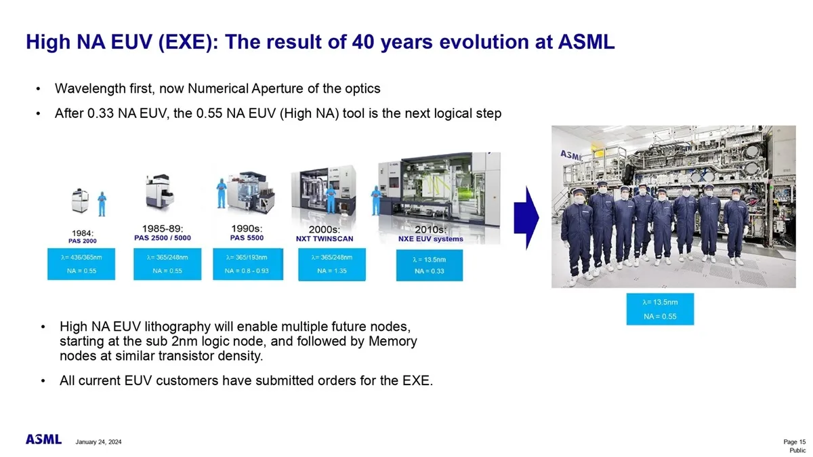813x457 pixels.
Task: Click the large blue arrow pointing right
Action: [x=526, y=218]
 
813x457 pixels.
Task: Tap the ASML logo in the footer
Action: [x=43, y=439]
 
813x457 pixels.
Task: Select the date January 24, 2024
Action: [x=98, y=442]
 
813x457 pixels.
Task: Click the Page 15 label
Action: [x=795, y=441]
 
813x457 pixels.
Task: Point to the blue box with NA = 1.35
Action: [x=332, y=264]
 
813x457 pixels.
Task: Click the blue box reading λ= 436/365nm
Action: [x=81, y=264]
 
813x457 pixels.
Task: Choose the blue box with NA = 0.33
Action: [x=430, y=265]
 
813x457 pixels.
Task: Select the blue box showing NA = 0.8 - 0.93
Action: [x=248, y=264]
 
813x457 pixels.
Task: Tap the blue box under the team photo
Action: [x=660, y=309]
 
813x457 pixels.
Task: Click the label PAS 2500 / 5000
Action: [x=163, y=238]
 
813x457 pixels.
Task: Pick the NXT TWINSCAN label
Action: [x=325, y=239]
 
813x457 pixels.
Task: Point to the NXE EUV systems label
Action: [x=431, y=239]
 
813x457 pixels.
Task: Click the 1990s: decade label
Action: [x=247, y=228]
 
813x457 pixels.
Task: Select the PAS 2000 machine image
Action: [x=80, y=200]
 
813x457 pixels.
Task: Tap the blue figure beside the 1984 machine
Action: [x=102, y=204]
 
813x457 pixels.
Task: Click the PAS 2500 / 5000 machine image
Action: [x=160, y=192]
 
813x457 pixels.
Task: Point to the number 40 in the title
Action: [x=363, y=42]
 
